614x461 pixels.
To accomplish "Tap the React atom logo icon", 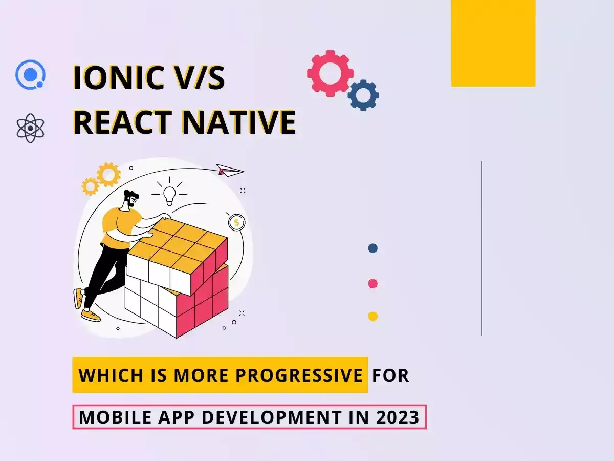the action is [x=30, y=128].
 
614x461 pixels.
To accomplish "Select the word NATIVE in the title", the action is [x=239, y=122].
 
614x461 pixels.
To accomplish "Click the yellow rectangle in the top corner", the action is [x=493, y=43].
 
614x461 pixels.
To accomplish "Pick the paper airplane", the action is [x=230, y=170].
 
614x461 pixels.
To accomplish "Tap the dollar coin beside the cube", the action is [x=237, y=223].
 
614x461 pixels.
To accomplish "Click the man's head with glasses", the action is [x=131, y=198].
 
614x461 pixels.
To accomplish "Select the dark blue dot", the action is [x=373, y=248].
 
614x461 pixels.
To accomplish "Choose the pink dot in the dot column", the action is [x=373, y=284].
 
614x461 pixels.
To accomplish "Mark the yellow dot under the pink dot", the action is [x=373, y=316].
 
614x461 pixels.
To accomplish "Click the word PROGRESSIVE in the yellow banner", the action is [x=299, y=375].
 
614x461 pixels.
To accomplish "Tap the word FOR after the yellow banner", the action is [x=390, y=375].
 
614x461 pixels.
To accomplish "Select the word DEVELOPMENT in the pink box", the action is [x=272, y=417].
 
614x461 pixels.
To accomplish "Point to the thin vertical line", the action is [x=481, y=248].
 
